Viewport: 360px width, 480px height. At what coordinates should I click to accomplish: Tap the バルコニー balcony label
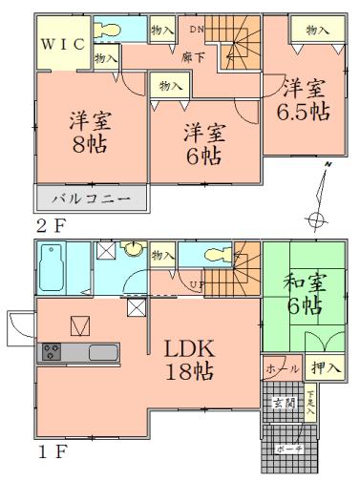pos(94,200)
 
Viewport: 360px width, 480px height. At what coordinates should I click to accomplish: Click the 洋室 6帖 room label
pos(203,143)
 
